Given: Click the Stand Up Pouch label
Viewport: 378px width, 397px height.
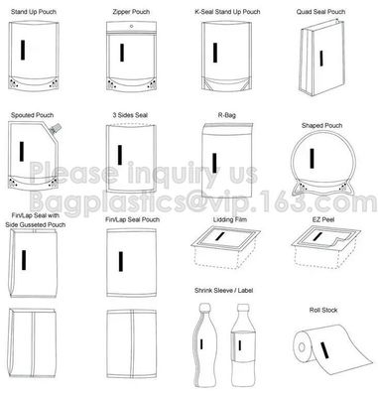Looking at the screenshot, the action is (x=34, y=12).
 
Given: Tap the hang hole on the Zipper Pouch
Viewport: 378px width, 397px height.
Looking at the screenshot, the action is (x=132, y=26).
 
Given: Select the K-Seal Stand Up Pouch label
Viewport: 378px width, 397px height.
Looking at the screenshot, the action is (x=227, y=12).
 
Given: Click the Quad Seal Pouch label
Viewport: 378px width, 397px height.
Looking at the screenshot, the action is (x=320, y=12).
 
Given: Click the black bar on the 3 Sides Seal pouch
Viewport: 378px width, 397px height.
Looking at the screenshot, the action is (x=120, y=155).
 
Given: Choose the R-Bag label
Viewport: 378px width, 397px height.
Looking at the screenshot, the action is (x=226, y=115).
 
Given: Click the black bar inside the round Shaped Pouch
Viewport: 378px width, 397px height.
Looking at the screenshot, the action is (x=312, y=158).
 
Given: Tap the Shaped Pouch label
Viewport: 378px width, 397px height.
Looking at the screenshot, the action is (x=321, y=126).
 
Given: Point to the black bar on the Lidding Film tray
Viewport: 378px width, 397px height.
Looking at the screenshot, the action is (x=219, y=236).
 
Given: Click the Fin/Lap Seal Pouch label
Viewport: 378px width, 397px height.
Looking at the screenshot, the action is (x=132, y=219).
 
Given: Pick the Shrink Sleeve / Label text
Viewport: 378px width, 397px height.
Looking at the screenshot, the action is (x=224, y=291).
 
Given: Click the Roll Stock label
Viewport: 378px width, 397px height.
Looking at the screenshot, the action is (x=323, y=311).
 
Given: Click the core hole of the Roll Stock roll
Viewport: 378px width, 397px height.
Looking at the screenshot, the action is (x=302, y=347).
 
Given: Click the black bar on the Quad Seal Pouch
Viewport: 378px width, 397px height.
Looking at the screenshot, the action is (x=321, y=58).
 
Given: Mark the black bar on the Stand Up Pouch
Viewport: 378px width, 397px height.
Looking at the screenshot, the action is (x=23, y=50).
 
